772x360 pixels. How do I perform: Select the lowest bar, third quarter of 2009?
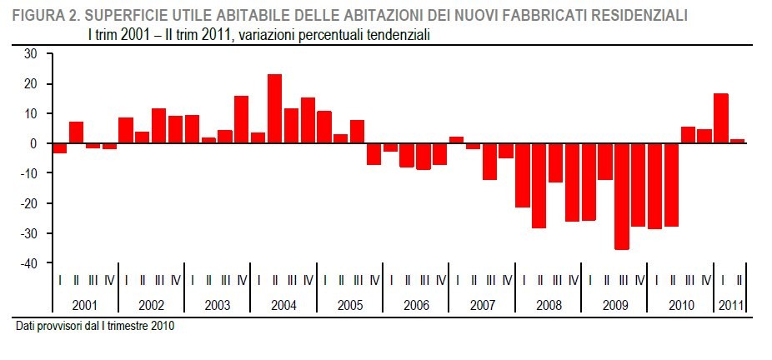click(x=621, y=196)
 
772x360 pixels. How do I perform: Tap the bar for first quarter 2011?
click(x=720, y=118)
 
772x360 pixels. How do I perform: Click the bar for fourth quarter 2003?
click(x=241, y=120)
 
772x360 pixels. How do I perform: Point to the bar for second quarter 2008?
click(x=539, y=185)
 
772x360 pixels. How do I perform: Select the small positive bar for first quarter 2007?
click(x=456, y=140)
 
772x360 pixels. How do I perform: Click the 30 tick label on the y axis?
click(x=31, y=54)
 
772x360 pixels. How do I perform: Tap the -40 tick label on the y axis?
click(x=29, y=263)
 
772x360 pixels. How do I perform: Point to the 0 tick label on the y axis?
click(x=35, y=143)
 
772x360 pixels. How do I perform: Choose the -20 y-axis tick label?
click(x=29, y=203)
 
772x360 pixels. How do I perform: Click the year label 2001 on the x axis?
click(x=84, y=305)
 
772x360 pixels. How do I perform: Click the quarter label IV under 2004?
click(x=308, y=280)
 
